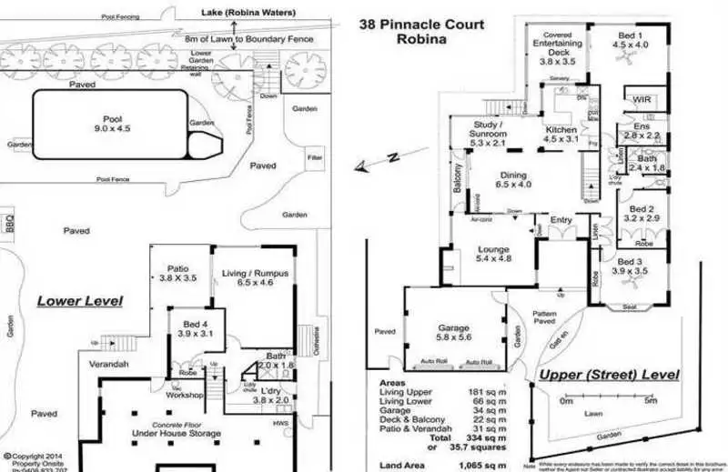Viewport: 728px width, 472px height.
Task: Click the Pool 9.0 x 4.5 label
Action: point(112,123)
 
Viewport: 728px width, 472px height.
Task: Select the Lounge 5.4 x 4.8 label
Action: point(494,255)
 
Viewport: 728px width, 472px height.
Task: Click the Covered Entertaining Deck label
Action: point(558,48)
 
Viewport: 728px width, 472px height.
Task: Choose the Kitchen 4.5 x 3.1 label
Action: point(561,135)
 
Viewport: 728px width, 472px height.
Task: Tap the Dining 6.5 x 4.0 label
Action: point(514,180)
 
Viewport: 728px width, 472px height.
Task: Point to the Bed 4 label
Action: point(195,328)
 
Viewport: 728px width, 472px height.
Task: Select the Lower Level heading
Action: point(79,300)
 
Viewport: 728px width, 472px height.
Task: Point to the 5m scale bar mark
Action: point(649,399)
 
